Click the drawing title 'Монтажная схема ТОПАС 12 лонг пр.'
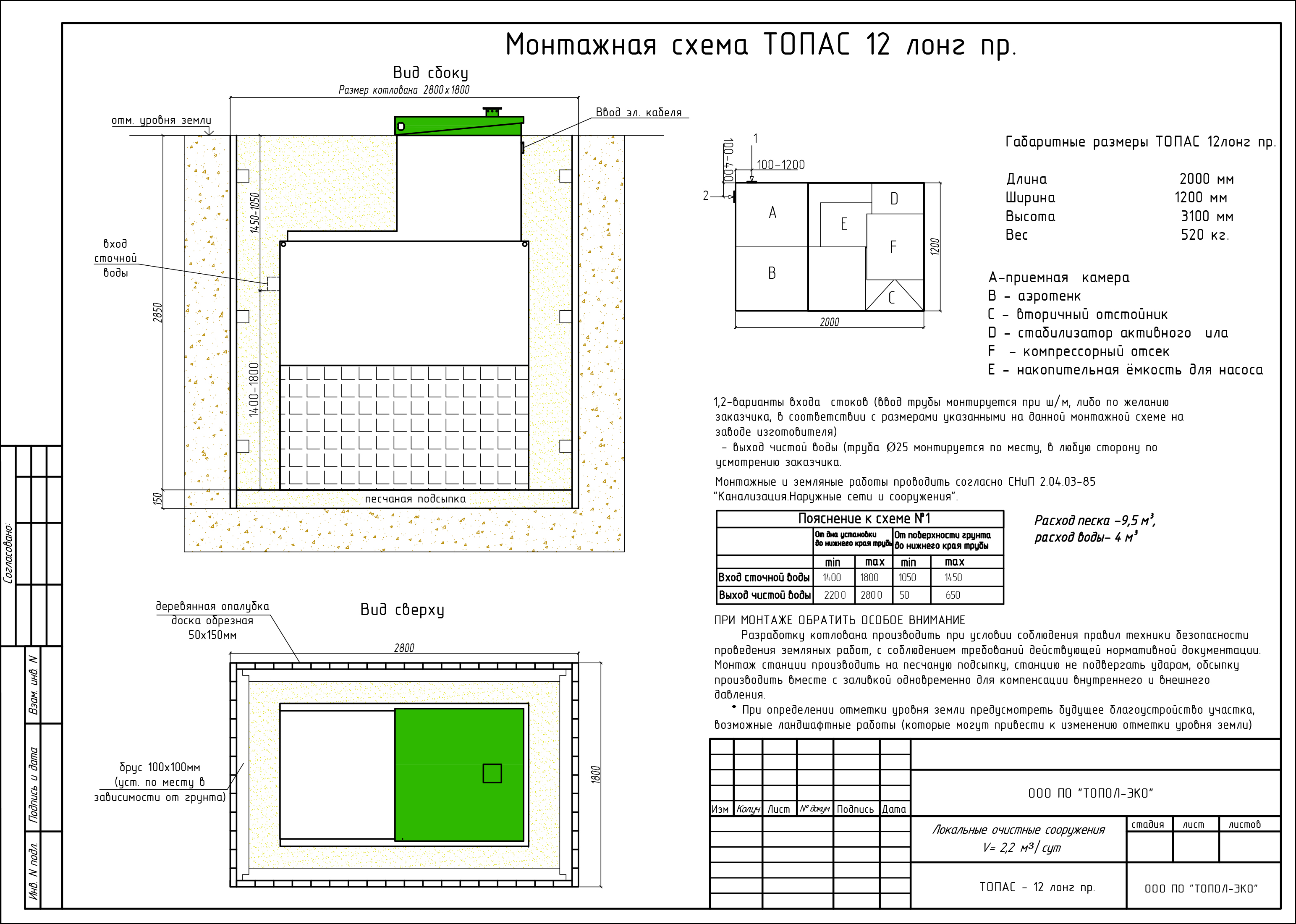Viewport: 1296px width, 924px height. (760, 45)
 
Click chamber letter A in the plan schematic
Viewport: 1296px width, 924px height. (772, 213)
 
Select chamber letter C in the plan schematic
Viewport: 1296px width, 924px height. (891, 298)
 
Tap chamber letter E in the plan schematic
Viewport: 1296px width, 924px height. (844, 224)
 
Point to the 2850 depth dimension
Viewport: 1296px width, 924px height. (157, 312)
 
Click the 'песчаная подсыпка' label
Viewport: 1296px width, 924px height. (415, 499)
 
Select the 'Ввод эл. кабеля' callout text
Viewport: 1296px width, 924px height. (638, 113)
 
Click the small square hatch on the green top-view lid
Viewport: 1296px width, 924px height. (492, 773)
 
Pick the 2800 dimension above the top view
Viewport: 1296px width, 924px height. (404, 648)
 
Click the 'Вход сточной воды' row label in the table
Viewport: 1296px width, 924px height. (764, 578)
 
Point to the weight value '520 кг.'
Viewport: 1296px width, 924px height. (1204, 235)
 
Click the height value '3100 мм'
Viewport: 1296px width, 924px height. (1207, 217)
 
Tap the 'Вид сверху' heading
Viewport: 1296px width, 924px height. (402, 610)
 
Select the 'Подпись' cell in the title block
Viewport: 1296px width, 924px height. (855, 809)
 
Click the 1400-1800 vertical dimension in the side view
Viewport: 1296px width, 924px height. (254, 390)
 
